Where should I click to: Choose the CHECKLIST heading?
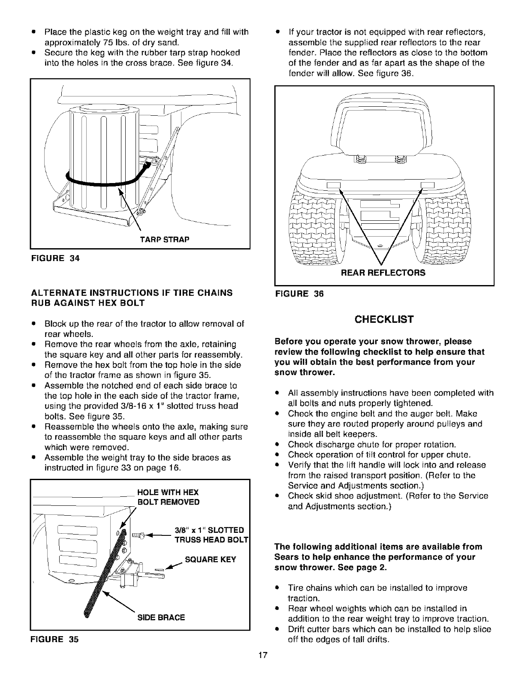pyautogui.click(x=384, y=319)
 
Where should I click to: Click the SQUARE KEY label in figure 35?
pyautogui.click(x=211, y=560)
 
